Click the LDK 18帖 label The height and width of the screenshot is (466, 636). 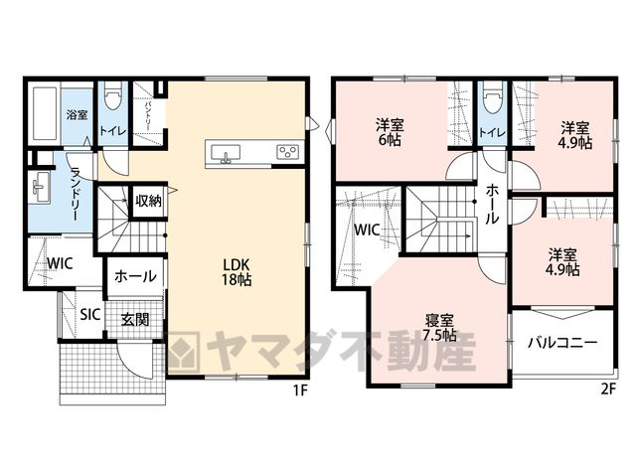click(237, 272)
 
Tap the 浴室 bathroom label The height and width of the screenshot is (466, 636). click(78, 115)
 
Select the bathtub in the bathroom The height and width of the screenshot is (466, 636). click(44, 113)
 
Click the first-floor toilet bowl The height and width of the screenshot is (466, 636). click(113, 96)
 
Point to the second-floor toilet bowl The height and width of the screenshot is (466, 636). click(493, 96)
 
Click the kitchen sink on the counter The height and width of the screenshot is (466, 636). click(226, 153)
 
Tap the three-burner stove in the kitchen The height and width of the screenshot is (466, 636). click(288, 152)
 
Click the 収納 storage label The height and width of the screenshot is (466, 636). click(149, 201)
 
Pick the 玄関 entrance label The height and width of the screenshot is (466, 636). click(136, 320)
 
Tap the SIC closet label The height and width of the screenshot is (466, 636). click(90, 315)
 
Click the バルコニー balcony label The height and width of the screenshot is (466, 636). click(562, 343)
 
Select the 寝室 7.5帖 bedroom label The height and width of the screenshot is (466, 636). click(439, 328)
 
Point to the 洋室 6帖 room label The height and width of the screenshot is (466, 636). click(389, 132)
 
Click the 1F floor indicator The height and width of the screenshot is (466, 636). click(300, 390)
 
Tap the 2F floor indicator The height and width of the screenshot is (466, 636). click(607, 389)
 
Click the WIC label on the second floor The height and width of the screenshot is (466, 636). click(367, 230)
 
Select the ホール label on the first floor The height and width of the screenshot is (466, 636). click(135, 276)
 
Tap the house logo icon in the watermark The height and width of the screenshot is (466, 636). click(184, 352)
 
